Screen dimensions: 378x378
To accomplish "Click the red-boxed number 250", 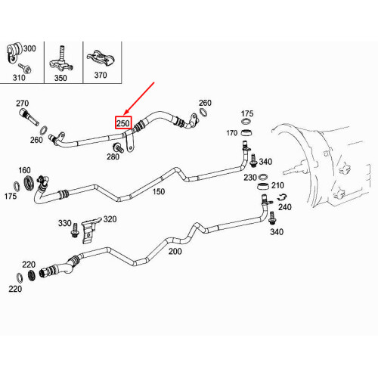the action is pos(123,123).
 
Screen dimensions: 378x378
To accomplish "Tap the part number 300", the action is pos(29,48).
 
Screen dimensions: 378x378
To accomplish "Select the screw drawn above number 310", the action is pos(25,68).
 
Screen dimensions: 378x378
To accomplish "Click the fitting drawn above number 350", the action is pos(60,60).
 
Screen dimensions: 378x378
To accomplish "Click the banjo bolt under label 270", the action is pos(29,116).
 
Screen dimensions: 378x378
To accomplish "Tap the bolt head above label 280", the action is pos(118,147).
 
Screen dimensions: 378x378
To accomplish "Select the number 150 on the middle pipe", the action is pos(159,191).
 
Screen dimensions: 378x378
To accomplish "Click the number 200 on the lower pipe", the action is pos(175,251).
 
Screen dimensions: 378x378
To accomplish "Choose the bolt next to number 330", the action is pos(75,230).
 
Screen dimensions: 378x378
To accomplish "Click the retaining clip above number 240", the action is pos(283,197).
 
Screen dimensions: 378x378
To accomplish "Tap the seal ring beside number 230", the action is pos(263,176).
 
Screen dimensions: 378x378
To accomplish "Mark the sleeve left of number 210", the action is pos(263,187).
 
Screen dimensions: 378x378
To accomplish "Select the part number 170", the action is pos(232,133).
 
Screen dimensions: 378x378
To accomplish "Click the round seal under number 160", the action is pos(29,184).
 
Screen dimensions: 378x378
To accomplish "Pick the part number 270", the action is pos(23,104).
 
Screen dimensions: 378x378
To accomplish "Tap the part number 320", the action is pos(110,219).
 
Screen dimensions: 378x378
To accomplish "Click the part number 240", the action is pos(285,207).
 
